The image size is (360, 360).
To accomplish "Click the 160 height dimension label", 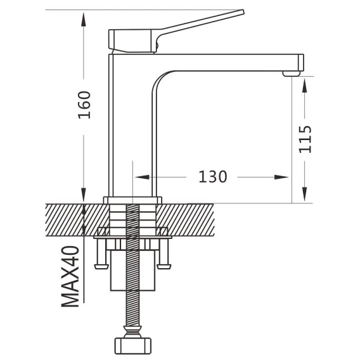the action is coord(84,105).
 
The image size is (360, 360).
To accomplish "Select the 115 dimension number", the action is coord(305,139).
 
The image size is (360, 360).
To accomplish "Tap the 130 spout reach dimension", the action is coord(212,177).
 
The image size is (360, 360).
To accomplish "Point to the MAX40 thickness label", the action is coord(70,276).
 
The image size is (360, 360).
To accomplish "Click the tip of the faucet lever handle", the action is coord(243,11).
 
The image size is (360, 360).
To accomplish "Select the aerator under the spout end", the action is coord(292,74).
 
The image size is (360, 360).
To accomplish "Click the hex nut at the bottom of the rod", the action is coord(132,346).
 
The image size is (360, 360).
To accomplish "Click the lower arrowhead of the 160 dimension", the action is coord(84,195).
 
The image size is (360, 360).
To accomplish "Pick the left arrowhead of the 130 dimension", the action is coord(143,177).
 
